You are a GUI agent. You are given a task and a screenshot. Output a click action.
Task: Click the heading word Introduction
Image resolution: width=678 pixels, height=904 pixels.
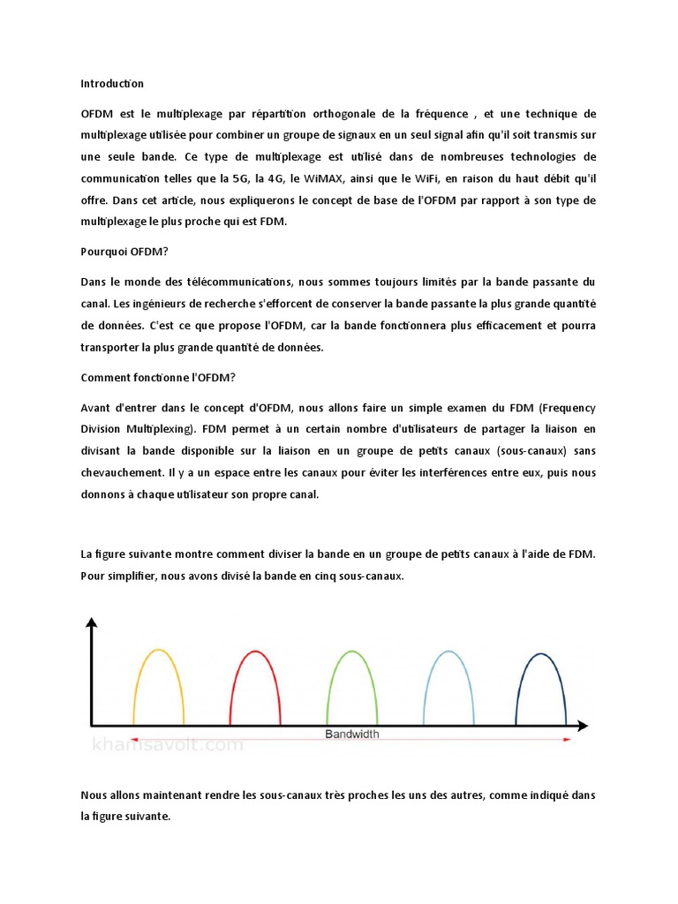pos(112,84)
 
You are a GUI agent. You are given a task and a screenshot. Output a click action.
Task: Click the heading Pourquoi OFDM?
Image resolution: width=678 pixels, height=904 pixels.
pos(124,251)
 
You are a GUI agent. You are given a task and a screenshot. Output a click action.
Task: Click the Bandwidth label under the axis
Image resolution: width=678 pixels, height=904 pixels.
pos(353,734)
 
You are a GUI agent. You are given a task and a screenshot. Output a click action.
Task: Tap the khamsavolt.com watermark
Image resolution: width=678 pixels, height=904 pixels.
pos(168,745)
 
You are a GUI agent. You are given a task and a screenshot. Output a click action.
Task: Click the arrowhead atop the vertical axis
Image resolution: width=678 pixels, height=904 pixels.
pos(90,623)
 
